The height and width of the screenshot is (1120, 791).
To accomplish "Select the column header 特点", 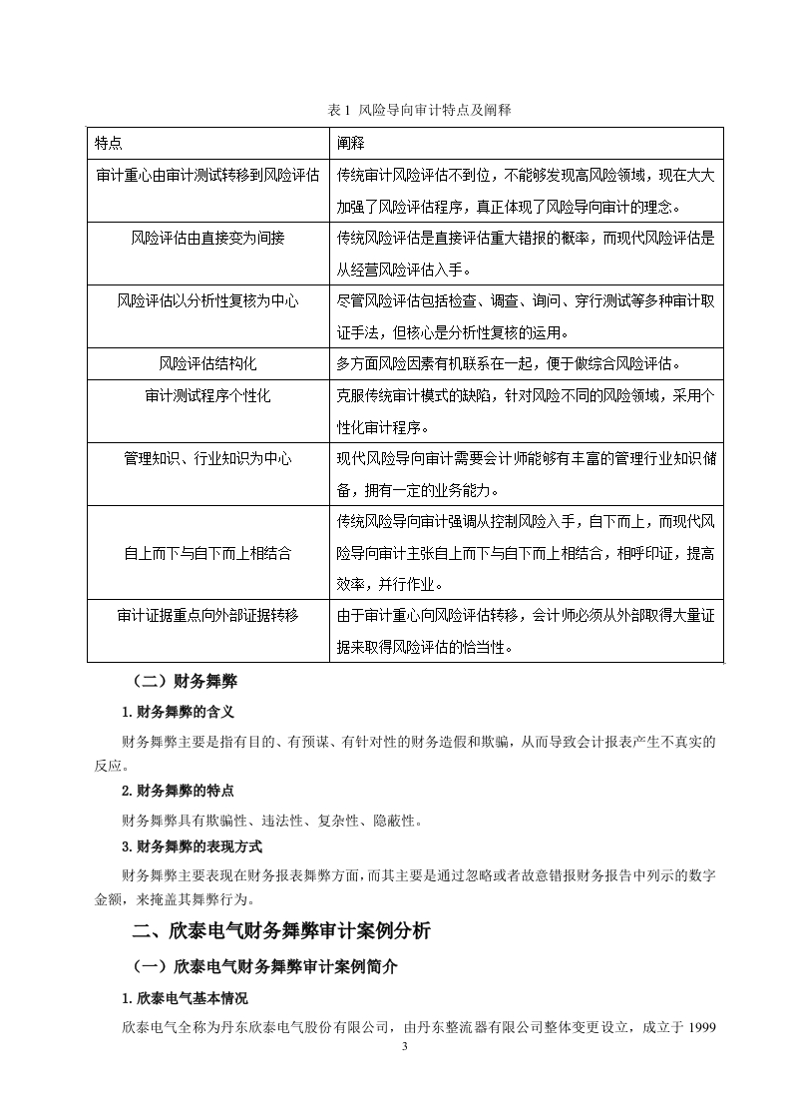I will pyautogui.click(x=109, y=142).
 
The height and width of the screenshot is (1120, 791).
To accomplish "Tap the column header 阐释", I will pyautogui.click(x=350, y=142).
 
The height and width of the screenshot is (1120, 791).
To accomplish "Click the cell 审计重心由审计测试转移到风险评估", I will pyautogui.click(x=207, y=175).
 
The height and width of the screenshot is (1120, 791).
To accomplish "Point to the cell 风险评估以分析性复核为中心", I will pyautogui.click(x=207, y=299).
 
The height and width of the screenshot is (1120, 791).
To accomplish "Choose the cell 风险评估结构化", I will pyautogui.click(x=207, y=363).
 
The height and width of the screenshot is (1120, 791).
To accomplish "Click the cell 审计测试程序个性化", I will pyautogui.click(x=207, y=396).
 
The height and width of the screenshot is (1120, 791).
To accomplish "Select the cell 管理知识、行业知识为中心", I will pyautogui.click(x=207, y=458).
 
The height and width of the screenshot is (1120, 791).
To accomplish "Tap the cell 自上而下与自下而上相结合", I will pyautogui.click(x=207, y=552).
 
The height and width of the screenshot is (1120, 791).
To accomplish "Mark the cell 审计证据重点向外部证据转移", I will pyautogui.click(x=207, y=615).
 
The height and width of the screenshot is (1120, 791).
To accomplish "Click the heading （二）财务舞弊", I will pyautogui.click(x=185, y=684).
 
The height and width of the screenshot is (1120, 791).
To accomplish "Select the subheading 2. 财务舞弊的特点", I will pyautogui.click(x=178, y=791).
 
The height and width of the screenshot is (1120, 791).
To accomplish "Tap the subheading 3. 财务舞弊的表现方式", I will pyautogui.click(x=192, y=846).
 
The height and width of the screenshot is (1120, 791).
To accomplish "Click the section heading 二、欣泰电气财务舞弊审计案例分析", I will pyautogui.click(x=282, y=931).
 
